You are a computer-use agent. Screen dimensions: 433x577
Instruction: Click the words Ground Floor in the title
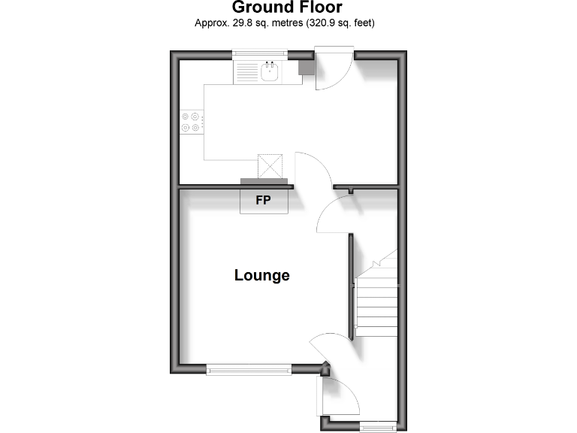coord(287,8)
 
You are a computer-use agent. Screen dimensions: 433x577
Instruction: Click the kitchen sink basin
coord(270,72)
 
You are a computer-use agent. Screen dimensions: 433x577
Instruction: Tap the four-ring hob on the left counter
coord(191,123)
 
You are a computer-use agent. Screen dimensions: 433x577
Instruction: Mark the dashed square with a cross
coord(271,166)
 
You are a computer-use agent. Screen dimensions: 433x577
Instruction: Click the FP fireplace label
coord(263,201)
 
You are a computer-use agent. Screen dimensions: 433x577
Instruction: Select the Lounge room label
coord(261,275)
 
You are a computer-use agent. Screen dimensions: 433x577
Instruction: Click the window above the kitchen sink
coord(259,53)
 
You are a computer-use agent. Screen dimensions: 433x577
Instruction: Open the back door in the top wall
coord(334,66)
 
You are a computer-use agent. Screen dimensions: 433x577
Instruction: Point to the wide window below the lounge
coord(249,368)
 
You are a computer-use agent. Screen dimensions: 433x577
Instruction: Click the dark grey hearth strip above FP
coord(263,181)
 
